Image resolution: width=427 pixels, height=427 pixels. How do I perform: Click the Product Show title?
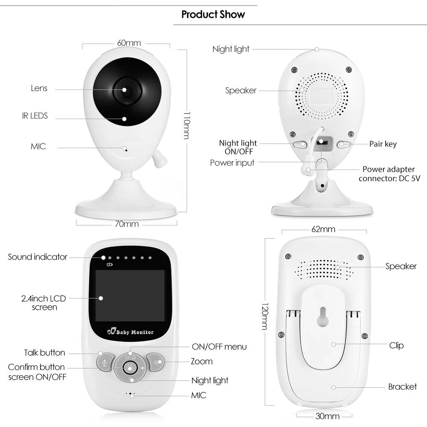[213, 15]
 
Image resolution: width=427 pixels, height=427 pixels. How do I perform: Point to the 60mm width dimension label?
[129, 43]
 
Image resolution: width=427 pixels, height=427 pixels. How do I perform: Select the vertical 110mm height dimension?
[187, 126]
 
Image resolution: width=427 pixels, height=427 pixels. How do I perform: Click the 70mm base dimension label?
[127, 224]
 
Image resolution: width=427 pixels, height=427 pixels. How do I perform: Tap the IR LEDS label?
[35, 116]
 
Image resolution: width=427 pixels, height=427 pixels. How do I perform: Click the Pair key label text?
[383, 144]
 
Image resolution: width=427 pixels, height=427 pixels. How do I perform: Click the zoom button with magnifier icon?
[156, 362]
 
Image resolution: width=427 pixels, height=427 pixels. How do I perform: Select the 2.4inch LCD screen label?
[44, 303]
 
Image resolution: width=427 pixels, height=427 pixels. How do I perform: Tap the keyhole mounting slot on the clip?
[323, 317]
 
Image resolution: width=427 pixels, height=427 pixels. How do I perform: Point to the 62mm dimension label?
[323, 229]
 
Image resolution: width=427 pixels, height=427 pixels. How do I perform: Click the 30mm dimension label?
[328, 416]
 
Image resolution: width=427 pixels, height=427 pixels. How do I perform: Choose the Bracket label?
[402, 387]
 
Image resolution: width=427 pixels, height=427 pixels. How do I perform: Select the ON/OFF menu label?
[219, 347]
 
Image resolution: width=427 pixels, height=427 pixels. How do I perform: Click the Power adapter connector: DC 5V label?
[389, 174]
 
